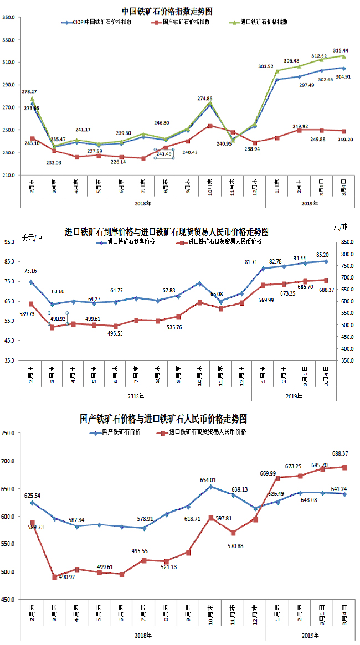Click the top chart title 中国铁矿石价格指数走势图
pos(167,11)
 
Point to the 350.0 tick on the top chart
pos(8,18)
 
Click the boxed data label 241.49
pos(164,154)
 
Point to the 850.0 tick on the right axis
pos(348,242)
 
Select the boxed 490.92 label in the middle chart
pos(58,318)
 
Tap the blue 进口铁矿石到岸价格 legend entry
pos(128,241)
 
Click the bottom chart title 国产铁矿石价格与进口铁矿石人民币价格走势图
pos(163,418)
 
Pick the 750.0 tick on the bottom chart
pos(8,433)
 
